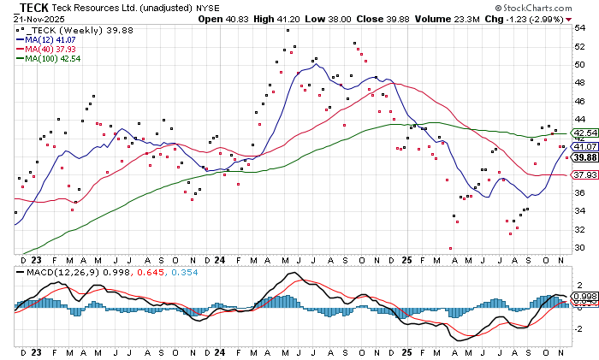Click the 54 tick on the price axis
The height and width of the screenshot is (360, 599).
579,27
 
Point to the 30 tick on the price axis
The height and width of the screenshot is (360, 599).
579,247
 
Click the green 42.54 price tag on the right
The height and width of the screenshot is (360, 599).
584,133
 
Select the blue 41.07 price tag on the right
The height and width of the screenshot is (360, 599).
584,146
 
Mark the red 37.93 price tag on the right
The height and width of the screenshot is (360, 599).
584,175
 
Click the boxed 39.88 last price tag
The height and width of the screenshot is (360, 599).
584,157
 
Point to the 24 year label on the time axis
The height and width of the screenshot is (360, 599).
219,260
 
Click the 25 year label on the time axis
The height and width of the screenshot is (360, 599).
407,260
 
